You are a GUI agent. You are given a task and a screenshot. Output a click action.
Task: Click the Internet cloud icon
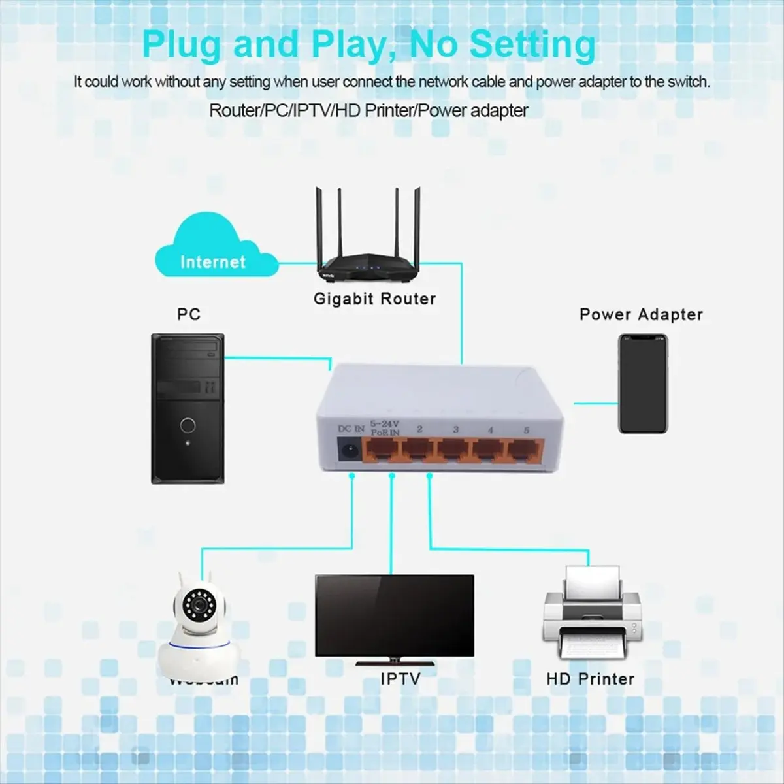click(x=212, y=252)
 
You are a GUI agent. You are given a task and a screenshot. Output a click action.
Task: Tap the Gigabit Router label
click(x=374, y=299)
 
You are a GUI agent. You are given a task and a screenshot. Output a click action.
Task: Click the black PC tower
click(x=188, y=408)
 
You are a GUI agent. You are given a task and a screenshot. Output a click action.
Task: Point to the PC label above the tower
click(x=188, y=314)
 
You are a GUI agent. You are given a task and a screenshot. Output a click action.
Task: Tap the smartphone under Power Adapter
click(x=643, y=384)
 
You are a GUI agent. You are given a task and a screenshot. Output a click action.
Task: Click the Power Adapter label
click(x=641, y=314)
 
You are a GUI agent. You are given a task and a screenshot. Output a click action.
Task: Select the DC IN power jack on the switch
click(x=349, y=450)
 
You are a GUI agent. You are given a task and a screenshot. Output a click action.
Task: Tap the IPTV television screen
click(x=394, y=615)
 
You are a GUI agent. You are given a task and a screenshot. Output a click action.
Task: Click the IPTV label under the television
click(x=400, y=679)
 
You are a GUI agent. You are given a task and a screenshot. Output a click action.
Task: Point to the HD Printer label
click(x=590, y=679)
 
